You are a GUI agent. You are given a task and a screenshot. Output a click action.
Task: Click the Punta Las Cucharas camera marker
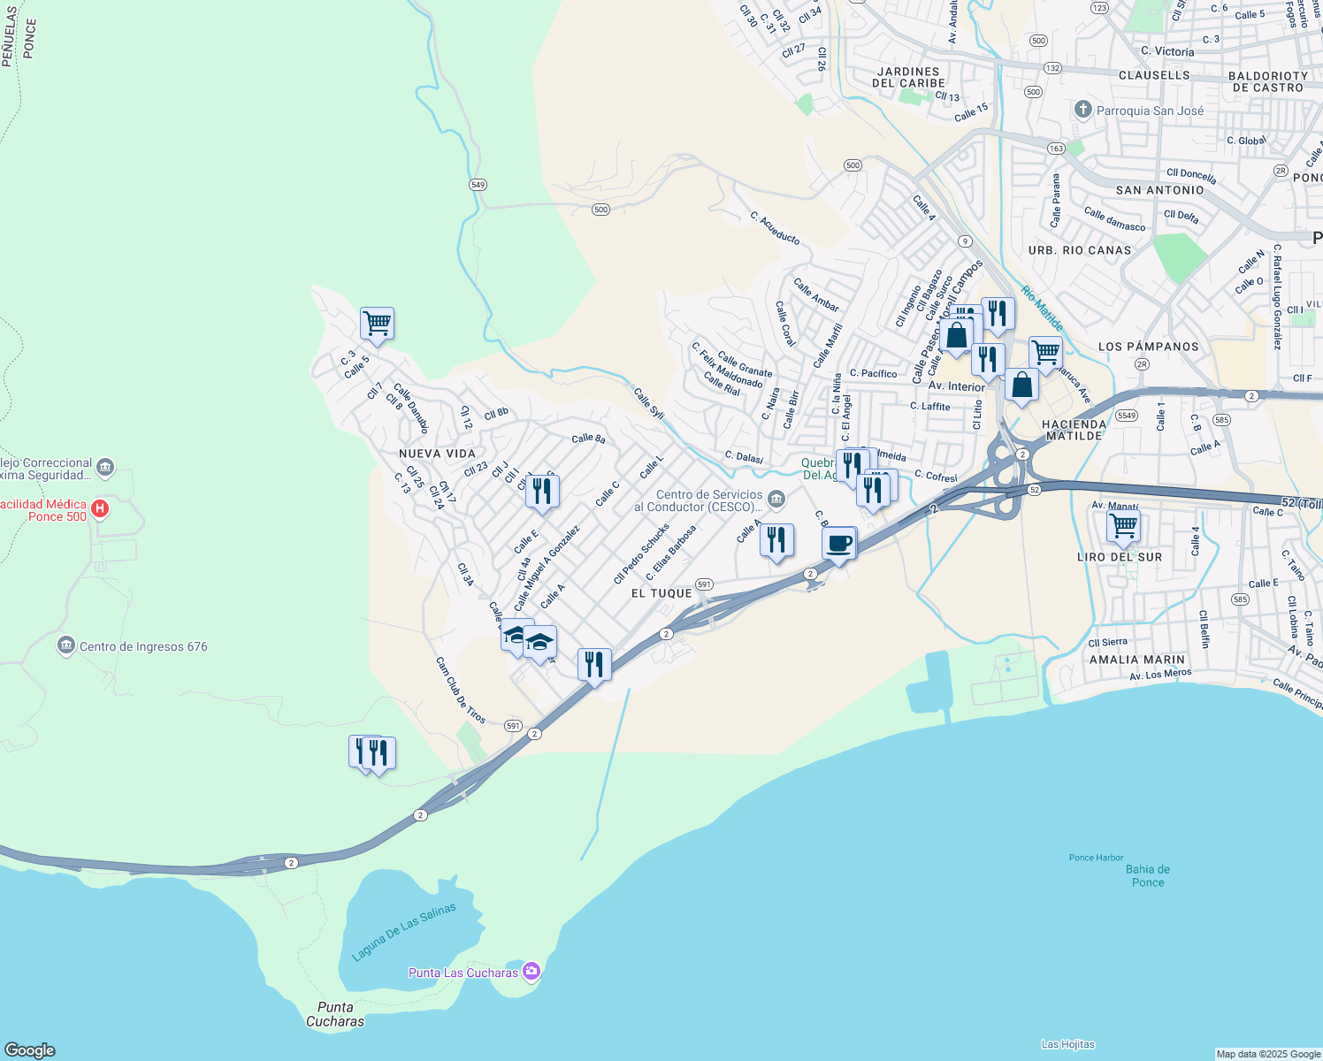click(531, 971)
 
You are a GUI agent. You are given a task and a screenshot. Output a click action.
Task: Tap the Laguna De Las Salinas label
click(404, 932)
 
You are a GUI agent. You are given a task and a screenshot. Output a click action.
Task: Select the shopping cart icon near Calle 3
click(377, 323)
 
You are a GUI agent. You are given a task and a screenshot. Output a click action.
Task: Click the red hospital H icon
click(100, 508)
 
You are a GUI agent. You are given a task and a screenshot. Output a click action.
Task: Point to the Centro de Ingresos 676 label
click(143, 646)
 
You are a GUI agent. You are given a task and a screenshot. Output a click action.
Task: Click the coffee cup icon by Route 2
click(838, 543)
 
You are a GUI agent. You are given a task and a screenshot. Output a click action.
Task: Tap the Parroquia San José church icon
click(1082, 110)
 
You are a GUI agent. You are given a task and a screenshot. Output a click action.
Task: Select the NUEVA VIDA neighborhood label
click(437, 454)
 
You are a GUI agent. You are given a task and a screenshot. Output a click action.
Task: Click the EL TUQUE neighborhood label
click(661, 593)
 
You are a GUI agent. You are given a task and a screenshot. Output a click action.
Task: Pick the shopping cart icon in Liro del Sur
click(1123, 526)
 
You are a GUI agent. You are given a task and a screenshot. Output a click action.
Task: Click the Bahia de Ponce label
click(1148, 875)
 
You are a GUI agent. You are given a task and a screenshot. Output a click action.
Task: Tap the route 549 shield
click(478, 185)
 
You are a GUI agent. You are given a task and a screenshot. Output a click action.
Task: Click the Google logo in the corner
click(29, 1050)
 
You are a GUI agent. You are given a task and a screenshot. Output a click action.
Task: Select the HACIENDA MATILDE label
click(1074, 430)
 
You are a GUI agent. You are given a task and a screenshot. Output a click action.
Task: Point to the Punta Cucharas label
click(335, 1014)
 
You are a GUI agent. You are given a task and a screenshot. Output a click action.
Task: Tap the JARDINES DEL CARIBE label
click(908, 77)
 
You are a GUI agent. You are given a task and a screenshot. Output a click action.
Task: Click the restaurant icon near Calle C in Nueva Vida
click(542, 491)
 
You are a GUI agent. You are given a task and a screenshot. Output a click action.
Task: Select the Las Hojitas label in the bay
click(1067, 1044)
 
